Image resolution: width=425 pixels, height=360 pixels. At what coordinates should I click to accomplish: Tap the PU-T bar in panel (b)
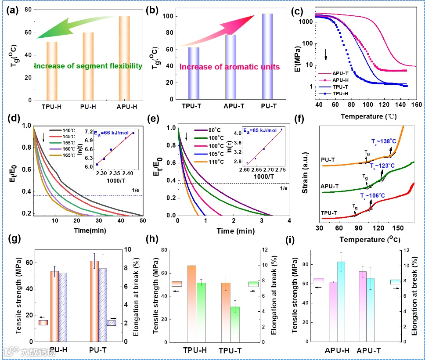(267, 57)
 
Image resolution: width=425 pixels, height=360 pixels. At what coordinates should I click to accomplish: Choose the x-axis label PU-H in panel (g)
(58, 349)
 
